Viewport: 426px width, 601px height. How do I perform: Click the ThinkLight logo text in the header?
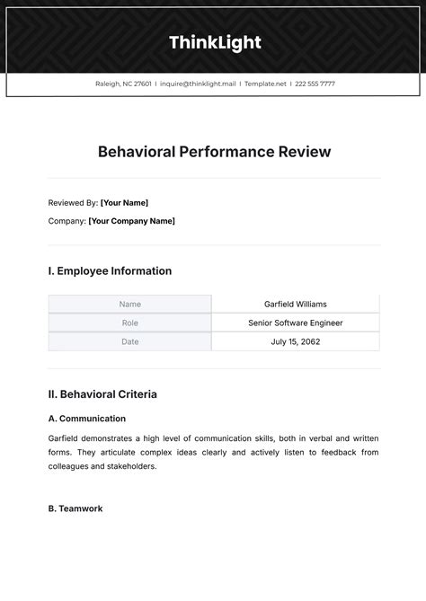coord(214,42)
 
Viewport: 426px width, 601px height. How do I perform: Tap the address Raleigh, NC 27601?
coord(123,84)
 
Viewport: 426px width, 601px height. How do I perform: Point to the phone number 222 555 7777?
coord(315,84)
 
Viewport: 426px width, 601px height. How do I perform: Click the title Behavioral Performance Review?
coord(214,152)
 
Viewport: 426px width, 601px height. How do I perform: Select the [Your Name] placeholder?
coord(124,203)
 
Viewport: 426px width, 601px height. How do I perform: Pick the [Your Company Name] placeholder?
coord(131,221)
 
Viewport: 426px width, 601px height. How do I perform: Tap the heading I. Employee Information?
coord(110,271)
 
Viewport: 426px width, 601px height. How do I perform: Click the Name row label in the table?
coord(129,305)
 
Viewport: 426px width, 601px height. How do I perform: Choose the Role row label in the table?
coord(129,323)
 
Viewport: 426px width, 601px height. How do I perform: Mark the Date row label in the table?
coord(129,342)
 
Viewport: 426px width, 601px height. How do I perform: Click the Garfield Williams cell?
coord(295,305)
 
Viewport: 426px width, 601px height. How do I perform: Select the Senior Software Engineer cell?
coord(295,323)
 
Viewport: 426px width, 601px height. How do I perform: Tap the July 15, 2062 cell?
coord(295,342)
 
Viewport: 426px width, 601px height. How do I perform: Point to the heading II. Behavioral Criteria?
coord(102,394)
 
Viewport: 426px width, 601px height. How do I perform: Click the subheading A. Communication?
coord(87,419)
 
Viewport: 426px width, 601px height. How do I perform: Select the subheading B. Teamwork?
coord(75,508)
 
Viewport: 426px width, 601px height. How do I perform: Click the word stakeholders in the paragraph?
coord(132,467)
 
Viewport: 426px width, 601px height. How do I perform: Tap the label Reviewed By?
coord(73,203)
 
